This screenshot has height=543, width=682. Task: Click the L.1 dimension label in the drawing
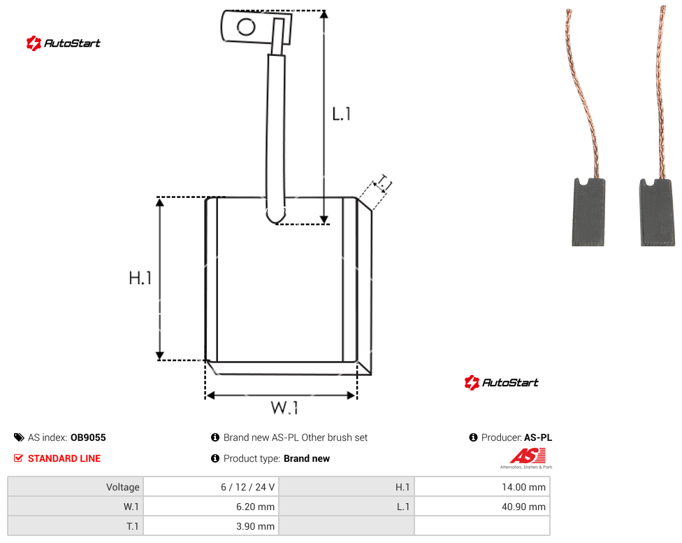click(342, 114)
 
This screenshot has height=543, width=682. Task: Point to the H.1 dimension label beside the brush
click(140, 278)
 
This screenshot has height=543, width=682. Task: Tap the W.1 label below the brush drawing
click(284, 407)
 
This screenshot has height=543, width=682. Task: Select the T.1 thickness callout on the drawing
click(383, 183)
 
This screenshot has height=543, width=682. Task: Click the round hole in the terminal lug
click(246, 27)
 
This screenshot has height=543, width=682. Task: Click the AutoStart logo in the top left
click(64, 43)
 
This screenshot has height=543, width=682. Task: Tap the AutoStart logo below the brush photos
click(502, 382)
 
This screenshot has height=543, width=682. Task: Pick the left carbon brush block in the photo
click(588, 212)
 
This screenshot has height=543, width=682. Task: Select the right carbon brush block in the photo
click(658, 213)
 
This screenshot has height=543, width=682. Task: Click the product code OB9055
click(88, 437)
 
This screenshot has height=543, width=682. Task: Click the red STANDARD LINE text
click(64, 458)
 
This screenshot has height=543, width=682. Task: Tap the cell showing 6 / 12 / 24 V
click(212, 487)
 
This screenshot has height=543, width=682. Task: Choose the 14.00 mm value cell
click(482, 487)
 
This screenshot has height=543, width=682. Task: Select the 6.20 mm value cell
click(212, 507)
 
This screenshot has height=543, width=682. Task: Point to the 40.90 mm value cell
click(482, 507)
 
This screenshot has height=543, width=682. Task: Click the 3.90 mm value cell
click(212, 526)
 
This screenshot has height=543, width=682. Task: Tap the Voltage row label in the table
click(123, 487)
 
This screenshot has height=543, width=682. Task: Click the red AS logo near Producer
click(528, 456)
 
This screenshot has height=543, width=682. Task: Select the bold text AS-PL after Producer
click(538, 437)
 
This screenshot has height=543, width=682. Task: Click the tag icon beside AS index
click(19, 437)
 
